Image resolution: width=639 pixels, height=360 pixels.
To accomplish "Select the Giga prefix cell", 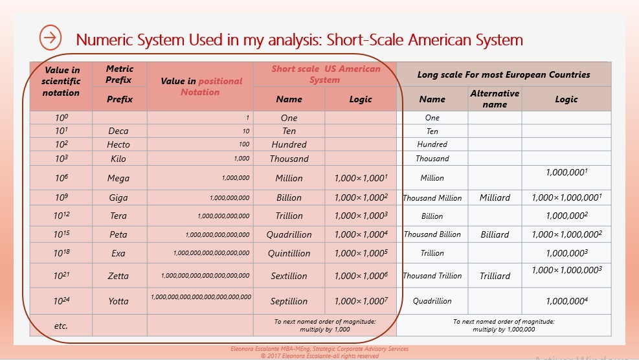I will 118,197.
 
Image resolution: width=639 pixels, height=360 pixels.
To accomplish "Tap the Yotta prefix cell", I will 118,301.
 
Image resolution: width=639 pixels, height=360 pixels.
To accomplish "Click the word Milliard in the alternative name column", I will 495,197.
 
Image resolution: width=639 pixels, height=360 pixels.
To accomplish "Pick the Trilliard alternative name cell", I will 495,276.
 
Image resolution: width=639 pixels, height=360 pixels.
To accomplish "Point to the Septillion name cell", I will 289,301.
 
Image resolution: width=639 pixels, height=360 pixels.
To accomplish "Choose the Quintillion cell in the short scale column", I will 289,254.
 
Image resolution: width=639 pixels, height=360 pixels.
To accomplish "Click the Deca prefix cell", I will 118,131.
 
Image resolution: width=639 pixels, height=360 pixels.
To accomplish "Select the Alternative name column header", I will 495,98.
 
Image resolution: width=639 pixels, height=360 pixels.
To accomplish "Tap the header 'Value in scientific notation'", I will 61,82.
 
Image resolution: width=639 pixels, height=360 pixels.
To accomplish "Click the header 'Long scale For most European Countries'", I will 503,74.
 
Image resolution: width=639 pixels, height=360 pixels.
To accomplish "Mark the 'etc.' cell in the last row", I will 61,326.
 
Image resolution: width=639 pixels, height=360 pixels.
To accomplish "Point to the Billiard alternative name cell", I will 495,234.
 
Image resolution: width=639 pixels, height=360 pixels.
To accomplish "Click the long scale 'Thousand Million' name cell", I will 432,198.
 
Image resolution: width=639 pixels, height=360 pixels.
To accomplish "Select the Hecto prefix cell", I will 118,144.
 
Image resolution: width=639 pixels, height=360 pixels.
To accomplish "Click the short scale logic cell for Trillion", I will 361,216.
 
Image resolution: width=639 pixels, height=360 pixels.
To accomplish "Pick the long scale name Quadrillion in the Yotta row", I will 432,300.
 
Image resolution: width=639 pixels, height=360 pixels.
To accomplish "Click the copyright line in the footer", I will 319,355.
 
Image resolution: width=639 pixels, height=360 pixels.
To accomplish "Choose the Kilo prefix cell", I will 118,159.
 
